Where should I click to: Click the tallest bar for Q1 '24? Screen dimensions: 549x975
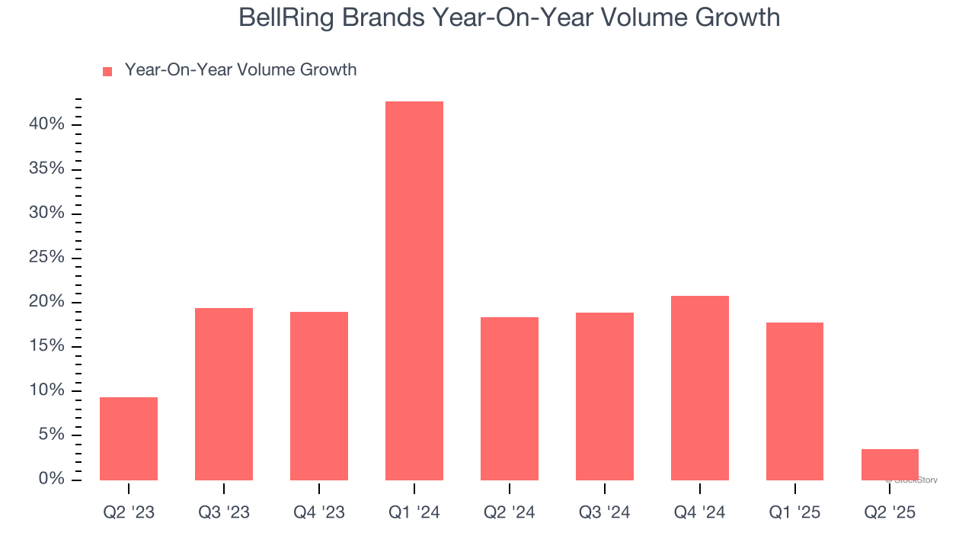click(414, 291)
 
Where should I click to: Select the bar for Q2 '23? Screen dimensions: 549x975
click(129, 438)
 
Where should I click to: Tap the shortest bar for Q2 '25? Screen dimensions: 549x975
click(890, 464)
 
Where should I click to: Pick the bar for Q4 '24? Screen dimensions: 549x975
click(699, 387)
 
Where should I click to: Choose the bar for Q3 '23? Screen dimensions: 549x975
click(224, 393)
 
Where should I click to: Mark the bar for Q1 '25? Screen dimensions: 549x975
click(794, 401)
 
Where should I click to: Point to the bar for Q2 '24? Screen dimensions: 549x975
click(510, 398)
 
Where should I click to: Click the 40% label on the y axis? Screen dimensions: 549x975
click(47, 124)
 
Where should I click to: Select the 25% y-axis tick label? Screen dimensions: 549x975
click(47, 257)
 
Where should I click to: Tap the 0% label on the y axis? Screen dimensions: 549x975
click(52, 479)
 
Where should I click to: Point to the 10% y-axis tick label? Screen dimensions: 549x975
click(47, 390)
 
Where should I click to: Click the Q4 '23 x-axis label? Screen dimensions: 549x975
click(319, 512)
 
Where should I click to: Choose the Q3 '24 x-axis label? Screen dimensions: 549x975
click(604, 512)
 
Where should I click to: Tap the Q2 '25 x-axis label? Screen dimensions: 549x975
click(890, 512)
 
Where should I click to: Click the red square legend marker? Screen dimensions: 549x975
click(107, 71)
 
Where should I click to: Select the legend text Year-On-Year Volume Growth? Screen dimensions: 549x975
click(240, 70)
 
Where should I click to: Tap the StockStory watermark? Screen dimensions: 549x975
click(913, 480)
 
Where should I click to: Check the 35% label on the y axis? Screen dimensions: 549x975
click(47, 169)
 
